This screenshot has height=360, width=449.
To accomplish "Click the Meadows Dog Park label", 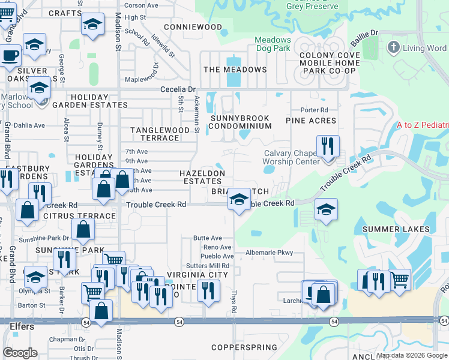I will point(273,45).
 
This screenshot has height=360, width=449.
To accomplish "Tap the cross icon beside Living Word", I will point(393,47).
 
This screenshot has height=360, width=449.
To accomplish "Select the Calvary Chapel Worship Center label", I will point(291,157).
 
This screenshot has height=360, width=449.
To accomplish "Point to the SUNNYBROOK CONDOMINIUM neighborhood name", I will point(240,122).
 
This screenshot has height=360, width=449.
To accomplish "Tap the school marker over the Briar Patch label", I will point(239,199).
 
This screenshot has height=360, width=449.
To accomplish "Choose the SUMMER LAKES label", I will point(396,229).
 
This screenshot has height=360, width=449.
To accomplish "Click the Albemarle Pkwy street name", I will point(269,253).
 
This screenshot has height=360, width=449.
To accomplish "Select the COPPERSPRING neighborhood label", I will point(244,347).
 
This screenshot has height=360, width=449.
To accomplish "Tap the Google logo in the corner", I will point(20,353).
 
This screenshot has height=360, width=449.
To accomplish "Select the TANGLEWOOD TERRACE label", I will point(160,134).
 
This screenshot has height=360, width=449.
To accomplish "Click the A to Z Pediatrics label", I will point(423,125).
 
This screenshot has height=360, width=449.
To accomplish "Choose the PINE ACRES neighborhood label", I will point(311,121).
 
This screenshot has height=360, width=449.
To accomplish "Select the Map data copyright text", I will point(411,355).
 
